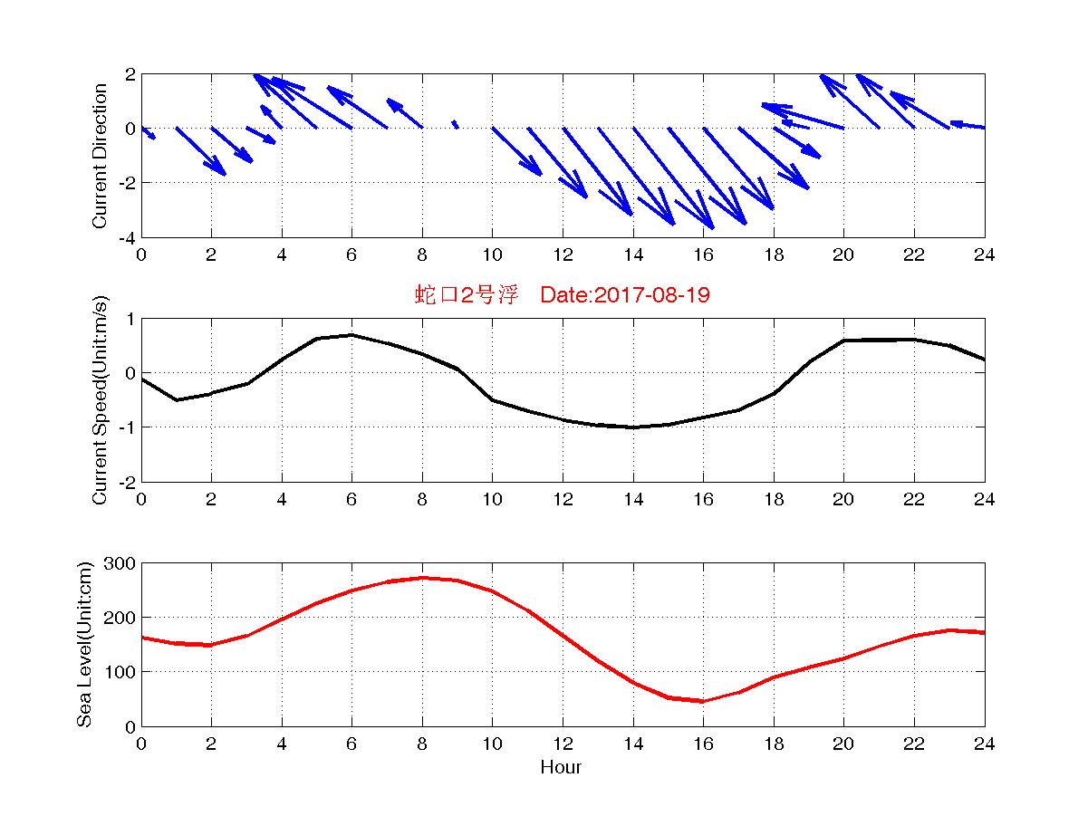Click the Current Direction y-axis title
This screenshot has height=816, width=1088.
101,156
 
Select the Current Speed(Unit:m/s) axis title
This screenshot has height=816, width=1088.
101,399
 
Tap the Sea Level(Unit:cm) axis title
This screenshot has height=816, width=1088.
84,644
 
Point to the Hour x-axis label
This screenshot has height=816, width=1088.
561,768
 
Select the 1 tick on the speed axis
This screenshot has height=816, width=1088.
130,319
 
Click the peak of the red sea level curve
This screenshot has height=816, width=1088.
422,578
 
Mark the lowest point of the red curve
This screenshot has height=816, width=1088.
702,701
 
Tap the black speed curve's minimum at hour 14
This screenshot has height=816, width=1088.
633,427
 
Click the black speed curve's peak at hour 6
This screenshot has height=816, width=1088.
351,335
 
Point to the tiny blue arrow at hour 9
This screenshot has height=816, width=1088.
455,124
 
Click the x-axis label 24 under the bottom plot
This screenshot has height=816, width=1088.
984,744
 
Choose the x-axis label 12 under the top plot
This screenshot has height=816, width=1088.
563,255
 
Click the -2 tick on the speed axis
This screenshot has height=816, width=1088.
127,482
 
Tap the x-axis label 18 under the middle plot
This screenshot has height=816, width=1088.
773,500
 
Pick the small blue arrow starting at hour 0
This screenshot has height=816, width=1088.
148,133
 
